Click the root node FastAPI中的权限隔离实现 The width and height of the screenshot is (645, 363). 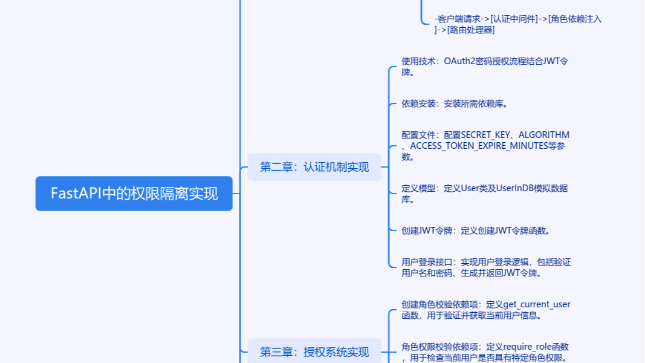click(x=134, y=194)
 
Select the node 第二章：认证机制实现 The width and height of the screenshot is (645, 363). click(x=314, y=167)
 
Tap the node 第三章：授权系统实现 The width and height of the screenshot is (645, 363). click(x=314, y=352)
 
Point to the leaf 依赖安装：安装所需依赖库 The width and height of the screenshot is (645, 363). click(x=454, y=103)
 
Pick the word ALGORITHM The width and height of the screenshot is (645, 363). click(x=543, y=135)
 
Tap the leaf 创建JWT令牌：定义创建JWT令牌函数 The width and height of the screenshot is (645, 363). click(x=475, y=231)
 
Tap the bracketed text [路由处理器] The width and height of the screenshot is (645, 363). click(x=471, y=30)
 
